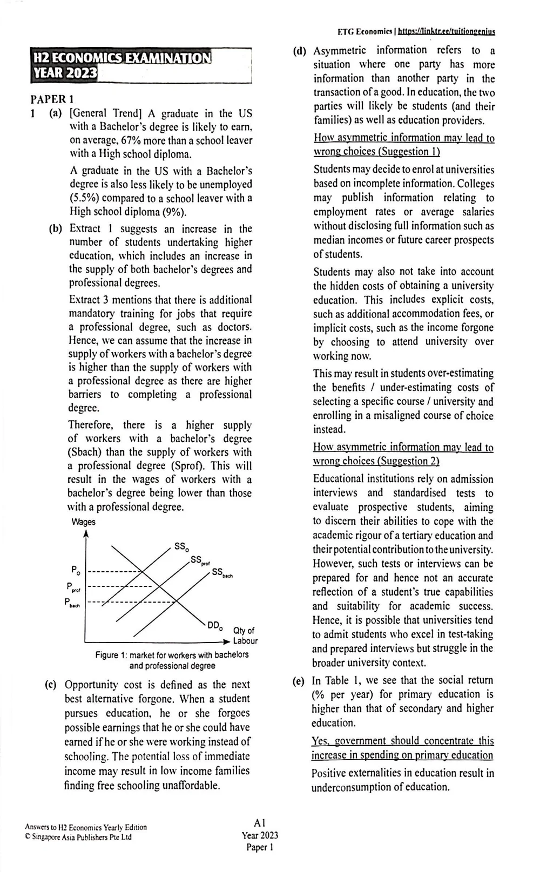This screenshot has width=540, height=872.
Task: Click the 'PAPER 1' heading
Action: (52, 99)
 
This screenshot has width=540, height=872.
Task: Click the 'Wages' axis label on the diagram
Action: (83, 522)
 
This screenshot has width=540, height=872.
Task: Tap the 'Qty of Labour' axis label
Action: (244, 636)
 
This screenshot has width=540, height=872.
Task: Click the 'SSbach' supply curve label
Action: (221, 573)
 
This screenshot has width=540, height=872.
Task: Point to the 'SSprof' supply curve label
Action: (199, 560)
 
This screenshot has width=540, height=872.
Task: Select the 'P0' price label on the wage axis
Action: (76, 570)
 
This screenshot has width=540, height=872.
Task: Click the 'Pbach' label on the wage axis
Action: (72, 603)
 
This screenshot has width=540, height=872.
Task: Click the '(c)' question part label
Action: (50, 685)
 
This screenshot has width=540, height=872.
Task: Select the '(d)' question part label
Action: (299, 51)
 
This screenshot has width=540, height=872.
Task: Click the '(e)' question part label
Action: (298, 680)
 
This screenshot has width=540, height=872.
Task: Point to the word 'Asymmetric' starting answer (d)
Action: (340, 50)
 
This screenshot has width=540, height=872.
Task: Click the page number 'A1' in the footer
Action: (259, 823)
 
